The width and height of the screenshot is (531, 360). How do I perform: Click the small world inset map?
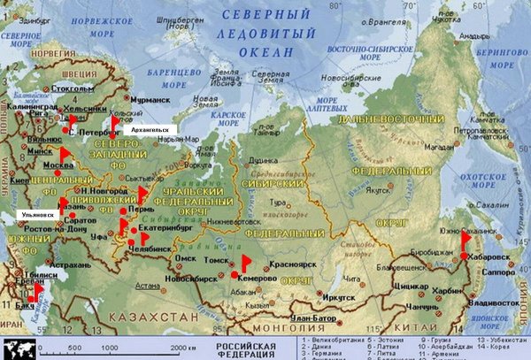coord(18,348)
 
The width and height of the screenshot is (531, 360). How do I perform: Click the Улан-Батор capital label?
coord(314,317)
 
